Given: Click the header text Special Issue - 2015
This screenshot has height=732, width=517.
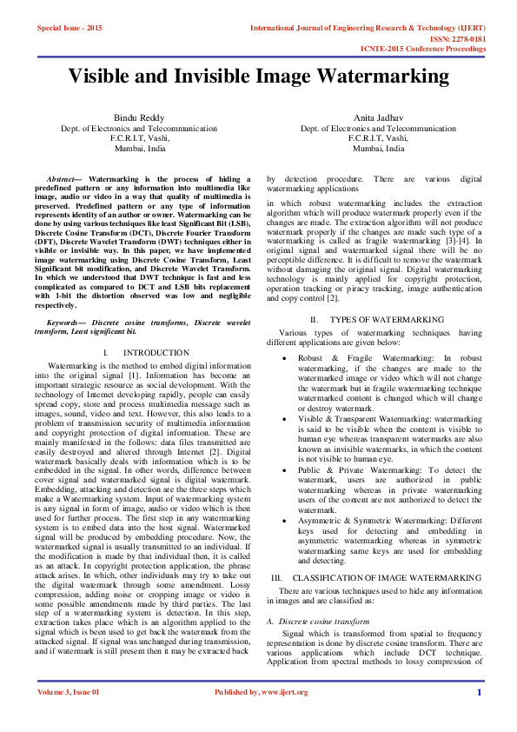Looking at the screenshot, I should (x=70, y=28).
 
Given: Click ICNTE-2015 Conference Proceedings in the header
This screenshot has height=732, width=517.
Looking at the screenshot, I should (x=423, y=50).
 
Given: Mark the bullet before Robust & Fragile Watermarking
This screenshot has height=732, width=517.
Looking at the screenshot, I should (x=286, y=358).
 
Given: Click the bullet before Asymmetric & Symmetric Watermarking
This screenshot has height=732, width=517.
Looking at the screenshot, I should (x=286, y=520).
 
